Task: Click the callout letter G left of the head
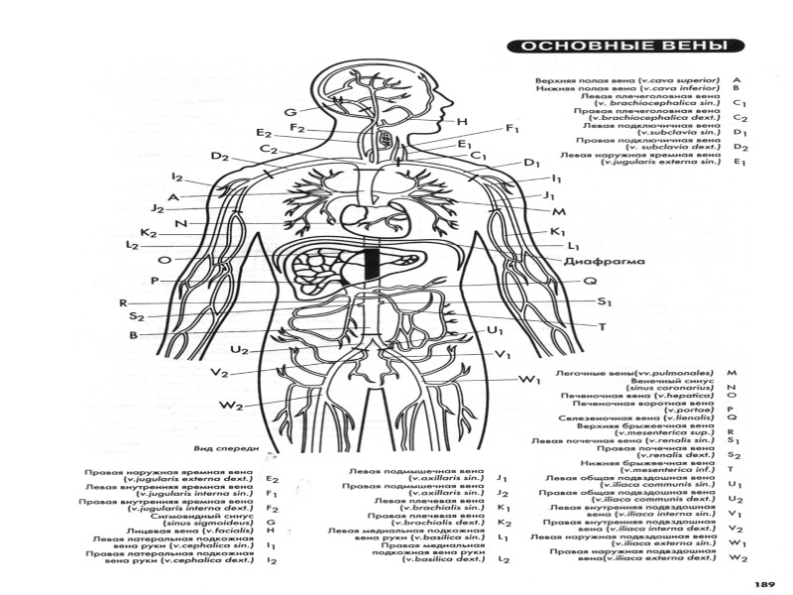coord(289,111)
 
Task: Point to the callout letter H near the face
coord(462,121)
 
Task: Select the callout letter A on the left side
coord(172,197)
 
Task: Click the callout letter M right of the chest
coord(558,212)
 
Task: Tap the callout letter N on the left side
coord(181,223)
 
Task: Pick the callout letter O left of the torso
coord(164,259)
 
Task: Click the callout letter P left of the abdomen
coord(155,281)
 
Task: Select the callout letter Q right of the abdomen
coord(589,281)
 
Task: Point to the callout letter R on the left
coord(122,302)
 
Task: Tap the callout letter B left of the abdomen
coord(132,335)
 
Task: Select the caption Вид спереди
coord(221,447)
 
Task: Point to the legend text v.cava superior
coord(683,77)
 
